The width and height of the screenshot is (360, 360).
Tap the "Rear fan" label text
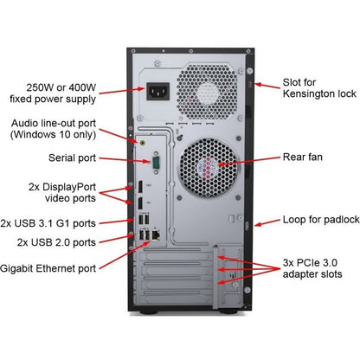pos(304,157)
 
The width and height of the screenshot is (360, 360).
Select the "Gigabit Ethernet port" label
pos(59,269)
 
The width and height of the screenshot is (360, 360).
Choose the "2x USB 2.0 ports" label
pos(48,242)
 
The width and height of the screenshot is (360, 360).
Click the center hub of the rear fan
pos(204,164)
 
